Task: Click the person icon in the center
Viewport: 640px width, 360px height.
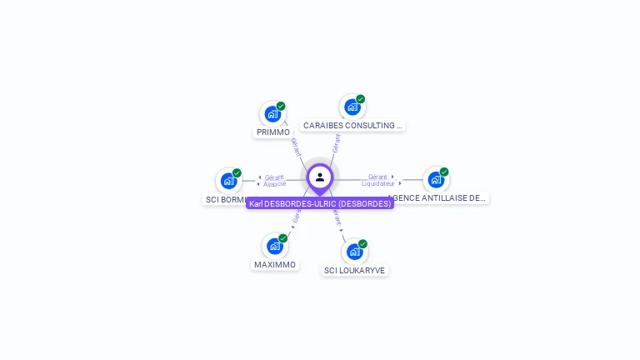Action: click(320, 177)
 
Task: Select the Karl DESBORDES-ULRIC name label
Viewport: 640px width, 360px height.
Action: click(320, 203)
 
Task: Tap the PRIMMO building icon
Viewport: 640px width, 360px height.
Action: click(272, 114)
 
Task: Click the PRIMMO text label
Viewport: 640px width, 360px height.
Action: click(273, 132)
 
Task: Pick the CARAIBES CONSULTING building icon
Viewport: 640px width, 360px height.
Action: click(352, 107)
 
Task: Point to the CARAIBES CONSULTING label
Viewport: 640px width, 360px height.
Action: click(352, 126)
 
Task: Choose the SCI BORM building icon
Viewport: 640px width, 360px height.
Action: click(228, 181)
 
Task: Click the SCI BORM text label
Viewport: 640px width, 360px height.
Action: click(226, 200)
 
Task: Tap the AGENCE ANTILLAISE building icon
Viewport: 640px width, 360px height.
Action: click(436, 180)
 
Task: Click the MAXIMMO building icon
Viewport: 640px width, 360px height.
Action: click(274, 247)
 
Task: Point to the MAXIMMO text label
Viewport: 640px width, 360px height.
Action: click(275, 265)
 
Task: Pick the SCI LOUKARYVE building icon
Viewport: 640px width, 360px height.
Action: click(354, 252)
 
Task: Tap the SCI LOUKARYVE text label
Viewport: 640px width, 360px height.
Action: click(355, 271)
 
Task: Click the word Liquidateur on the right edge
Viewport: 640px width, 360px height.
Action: click(378, 183)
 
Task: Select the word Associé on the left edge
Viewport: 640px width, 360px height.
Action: click(275, 183)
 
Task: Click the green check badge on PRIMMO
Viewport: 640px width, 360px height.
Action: click(281, 106)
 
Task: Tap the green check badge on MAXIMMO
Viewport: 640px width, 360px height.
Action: click(283, 238)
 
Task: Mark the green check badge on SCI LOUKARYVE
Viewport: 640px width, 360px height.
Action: click(362, 244)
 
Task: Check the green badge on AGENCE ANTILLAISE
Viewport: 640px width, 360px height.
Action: click(444, 172)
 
